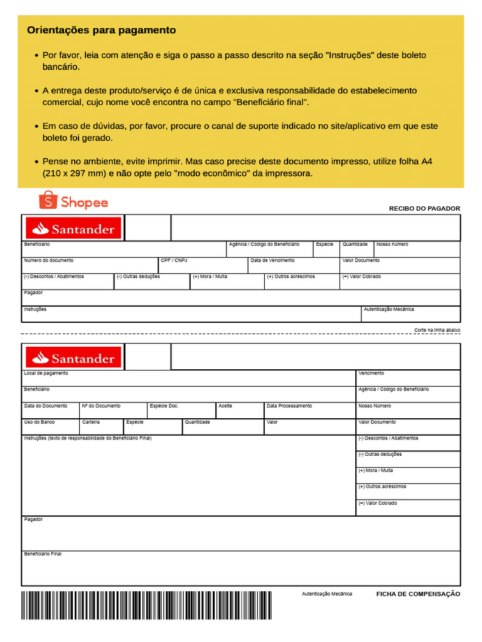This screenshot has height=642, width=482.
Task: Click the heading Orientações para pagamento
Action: (x=101, y=30)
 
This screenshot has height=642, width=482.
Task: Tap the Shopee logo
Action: (x=73, y=201)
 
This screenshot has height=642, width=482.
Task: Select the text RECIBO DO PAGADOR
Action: (x=424, y=209)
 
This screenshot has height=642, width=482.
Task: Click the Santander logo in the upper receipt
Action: (x=73, y=229)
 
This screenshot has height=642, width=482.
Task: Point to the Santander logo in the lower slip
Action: (x=73, y=358)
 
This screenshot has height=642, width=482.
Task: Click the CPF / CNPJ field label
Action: (x=174, y=260)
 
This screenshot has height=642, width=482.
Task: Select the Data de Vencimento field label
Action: (x=272, y=260)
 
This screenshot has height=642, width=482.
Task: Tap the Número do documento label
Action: (x=48, y=260)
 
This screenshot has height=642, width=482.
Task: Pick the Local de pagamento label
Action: (x=46, y=374)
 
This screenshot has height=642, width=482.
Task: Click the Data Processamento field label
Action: (x=289, y=406)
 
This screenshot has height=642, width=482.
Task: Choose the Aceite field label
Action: (x=225, y=406)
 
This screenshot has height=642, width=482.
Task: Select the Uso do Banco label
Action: (x=39, y=423)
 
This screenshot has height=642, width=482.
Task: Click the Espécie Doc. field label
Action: (x=164, y=406)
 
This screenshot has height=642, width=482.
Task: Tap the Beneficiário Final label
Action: (x=43, y=554)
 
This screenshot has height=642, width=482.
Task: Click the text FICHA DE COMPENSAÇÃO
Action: (x=418, y=594)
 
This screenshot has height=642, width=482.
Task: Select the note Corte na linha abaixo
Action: (x=437, y=330)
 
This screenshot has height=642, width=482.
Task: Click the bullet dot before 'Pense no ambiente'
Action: (x=36, y=162)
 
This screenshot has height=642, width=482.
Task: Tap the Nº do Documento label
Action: (x=101, y=406)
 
